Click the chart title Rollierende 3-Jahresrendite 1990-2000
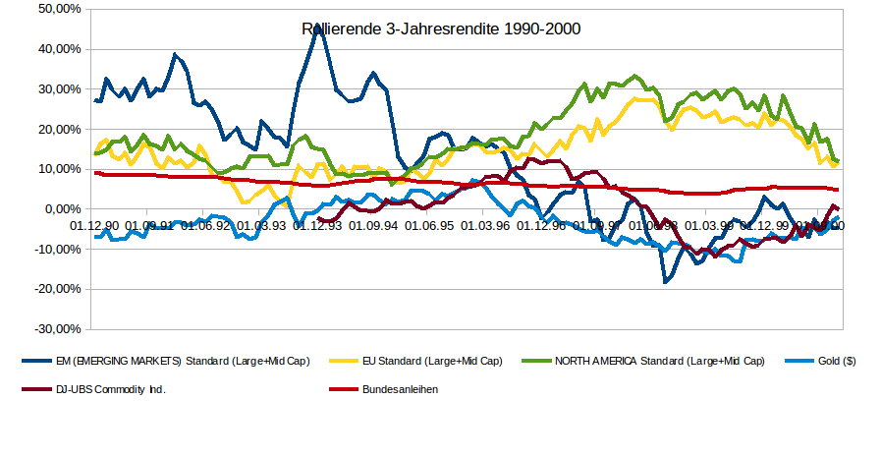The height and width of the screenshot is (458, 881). [x=441, y=29]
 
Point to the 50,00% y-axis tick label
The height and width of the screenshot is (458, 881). [x=61, y=9]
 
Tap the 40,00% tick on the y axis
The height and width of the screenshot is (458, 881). [x=61, y=49]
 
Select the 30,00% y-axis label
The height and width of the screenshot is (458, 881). [x=61, y=89]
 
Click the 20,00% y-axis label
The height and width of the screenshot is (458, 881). [x=61, y=130]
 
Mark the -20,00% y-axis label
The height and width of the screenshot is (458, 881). [x=59, y=289]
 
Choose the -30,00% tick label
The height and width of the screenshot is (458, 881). [x=59, y=329]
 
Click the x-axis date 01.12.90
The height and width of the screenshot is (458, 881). [x=94, y=226]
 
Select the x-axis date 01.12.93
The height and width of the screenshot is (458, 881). [x=316, y=226]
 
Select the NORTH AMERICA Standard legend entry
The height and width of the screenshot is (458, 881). [x=659, y=362]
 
